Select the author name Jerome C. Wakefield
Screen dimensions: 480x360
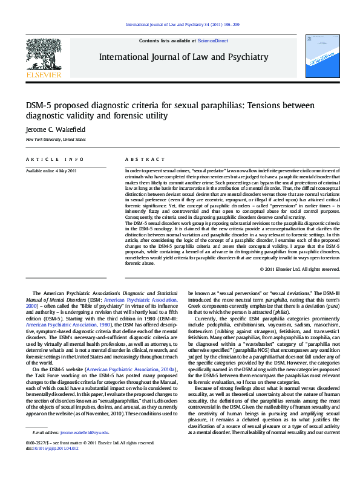[x=55, y=129]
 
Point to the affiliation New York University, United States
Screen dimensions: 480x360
[x=55, y=140]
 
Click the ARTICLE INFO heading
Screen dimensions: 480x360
[x=54, y=160]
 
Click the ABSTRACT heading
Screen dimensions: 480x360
[x=140, y=160]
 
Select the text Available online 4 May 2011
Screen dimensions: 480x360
[x=51, y=171]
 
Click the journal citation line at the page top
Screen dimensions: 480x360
[x=182, y=24]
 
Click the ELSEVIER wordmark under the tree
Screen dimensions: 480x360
[x=43, y=75]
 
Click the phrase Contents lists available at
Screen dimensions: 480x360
[x=168, y=40]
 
